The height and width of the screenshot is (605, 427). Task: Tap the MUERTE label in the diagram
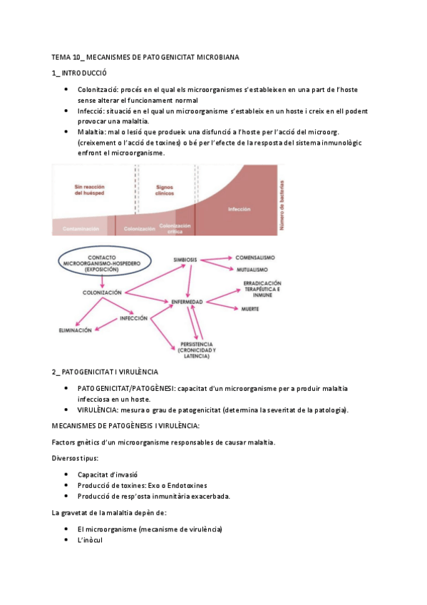coord(249,308)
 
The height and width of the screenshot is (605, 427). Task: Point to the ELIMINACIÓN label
coord(75,331)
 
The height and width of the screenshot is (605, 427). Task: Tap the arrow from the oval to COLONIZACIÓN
coord(103,283)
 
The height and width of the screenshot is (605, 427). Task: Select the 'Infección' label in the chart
coord(240,209)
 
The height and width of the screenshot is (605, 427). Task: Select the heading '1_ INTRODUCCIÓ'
coord(79,73)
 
